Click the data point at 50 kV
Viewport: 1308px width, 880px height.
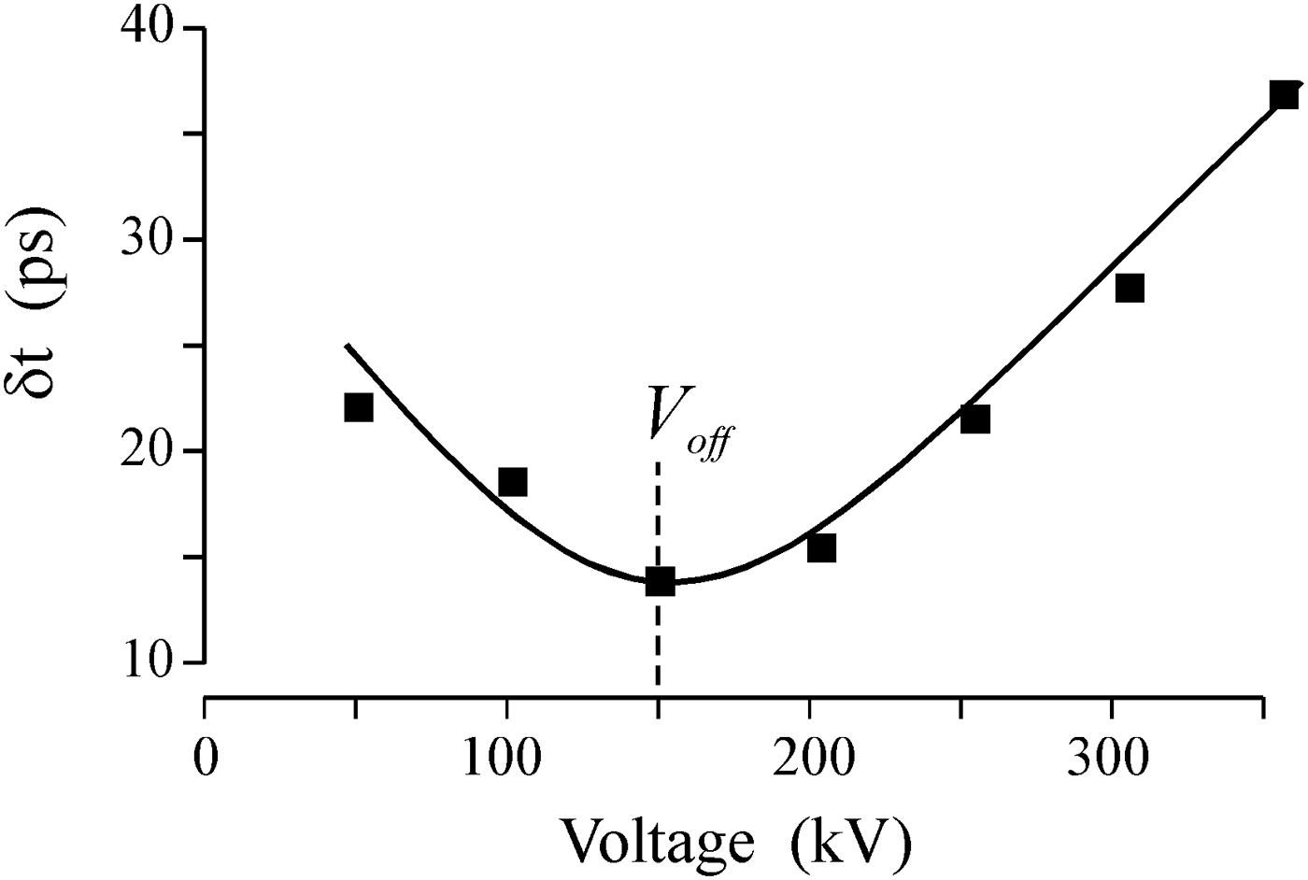click(x=359, y=407)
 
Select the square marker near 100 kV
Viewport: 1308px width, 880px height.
click(x=513, y=482)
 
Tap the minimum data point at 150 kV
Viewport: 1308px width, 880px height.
click(x=660, y=581)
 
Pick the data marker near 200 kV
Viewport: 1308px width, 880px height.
click(x=821, y=547)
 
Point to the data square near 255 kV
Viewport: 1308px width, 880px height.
click(x=974, y=419)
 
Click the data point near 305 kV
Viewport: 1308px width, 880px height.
click(x=1130, y=288)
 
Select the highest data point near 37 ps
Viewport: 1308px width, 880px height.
click(x=1284, y=95)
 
